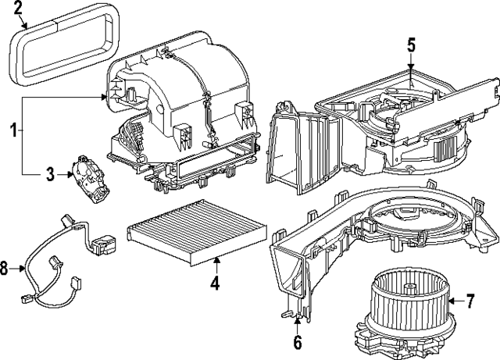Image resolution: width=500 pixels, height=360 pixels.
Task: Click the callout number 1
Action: coord(13,132)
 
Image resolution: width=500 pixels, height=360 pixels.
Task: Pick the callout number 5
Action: coord(411,46)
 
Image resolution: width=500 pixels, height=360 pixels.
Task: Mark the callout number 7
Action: coord(470,299)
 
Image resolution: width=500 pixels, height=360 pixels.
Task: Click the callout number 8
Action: coord(5,269)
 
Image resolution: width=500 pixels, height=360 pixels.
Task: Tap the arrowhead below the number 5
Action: coord(411,68)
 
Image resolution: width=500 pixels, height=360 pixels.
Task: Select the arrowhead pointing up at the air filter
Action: coord(214,260)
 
